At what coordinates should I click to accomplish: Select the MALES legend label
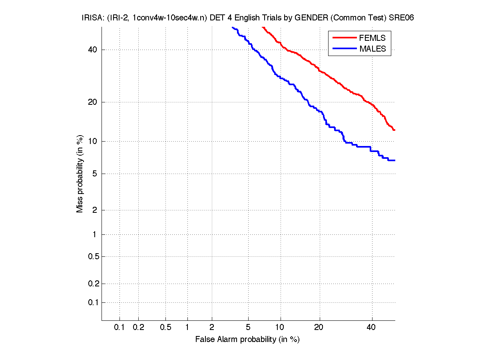[x=372, y=49]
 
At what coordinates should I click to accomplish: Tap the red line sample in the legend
[x=344, y=38]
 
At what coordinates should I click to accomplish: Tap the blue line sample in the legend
[x=344, y=49]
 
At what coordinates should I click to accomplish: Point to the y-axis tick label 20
[x=92, y=102]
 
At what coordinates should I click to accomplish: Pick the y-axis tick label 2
[x=94, y=210]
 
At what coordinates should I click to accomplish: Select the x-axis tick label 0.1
[x=120, y=328]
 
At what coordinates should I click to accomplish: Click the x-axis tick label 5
[x=248, y=328]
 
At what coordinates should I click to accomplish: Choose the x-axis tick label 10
[x=281, y=328]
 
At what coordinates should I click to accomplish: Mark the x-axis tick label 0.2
[x=138, y=328]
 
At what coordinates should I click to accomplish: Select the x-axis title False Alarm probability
[x=247, y=340]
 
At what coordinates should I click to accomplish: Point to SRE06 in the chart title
[x=404, y=18]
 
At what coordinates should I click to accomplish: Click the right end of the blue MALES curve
[x=394, y=160]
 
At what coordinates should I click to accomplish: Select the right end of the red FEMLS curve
[x=394, y=130]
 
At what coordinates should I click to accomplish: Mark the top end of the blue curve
[x=233, y=27]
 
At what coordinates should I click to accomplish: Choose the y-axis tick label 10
[x=92, y=141]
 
